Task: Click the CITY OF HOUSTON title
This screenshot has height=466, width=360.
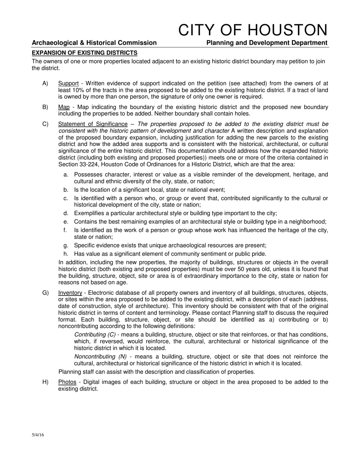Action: tap(253, 30)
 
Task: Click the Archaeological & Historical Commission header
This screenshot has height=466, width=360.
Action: tap(94, 43)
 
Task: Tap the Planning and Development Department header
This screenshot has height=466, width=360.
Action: tap(267, 43)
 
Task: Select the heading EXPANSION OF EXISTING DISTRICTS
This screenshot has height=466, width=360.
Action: tap(85, 53)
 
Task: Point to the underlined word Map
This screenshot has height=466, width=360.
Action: tap(64, 107)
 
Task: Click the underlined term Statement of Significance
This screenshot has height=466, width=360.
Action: tap(93, 124)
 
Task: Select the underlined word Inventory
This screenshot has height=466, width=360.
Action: tap(70, 293)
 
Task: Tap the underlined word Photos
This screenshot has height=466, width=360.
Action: tap(67, 382)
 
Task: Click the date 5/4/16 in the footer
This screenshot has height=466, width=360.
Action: tap(38, 435)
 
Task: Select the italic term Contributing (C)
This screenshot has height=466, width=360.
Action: tap(95, 335)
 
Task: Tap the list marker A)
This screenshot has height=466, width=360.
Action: tap(45, 83)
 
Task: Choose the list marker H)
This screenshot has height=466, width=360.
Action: tap(45, 382)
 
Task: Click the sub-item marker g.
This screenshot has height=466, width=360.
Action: tap(66, 245)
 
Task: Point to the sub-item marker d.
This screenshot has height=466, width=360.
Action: tap(66, 213)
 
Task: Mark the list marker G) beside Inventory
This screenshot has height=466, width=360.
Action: tap(45, 293)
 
